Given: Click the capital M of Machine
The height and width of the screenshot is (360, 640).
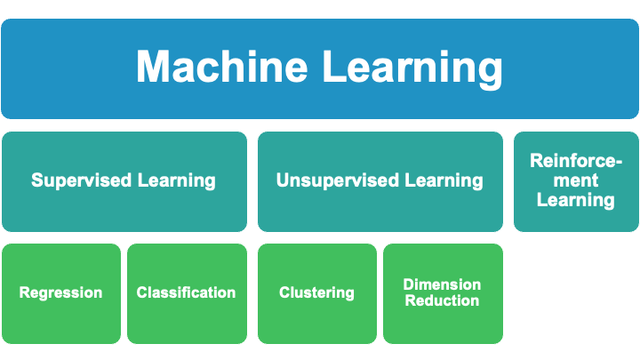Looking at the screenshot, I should [154, 68].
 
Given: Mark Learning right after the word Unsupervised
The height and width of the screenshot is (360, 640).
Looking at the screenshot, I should [444, 180].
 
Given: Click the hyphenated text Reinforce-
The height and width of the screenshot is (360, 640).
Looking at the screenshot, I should [575, 161].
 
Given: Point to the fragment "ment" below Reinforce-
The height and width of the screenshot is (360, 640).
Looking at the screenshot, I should [575, 180].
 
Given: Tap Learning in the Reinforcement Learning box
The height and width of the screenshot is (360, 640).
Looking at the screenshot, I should [575, 200].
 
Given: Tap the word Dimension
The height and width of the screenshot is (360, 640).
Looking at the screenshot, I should [442, 284].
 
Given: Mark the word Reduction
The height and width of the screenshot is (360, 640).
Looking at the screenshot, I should [442, 300].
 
